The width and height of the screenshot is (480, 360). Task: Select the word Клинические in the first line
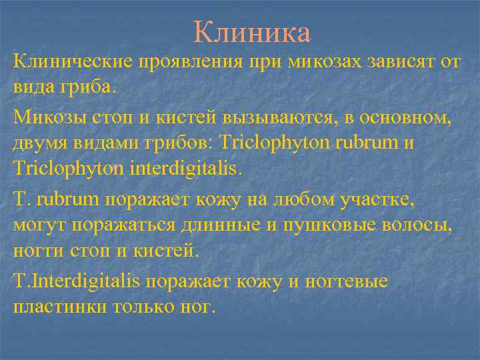click(72, 62)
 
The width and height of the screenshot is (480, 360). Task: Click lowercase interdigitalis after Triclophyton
click(184, 169)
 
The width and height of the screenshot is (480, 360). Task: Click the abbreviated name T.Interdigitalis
click(76, 281)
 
